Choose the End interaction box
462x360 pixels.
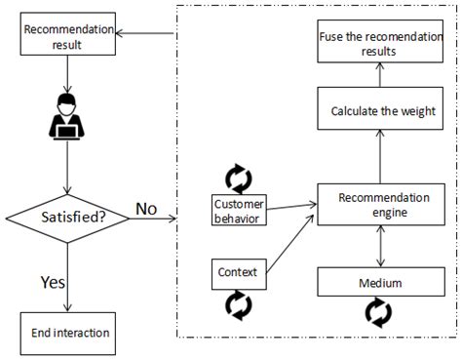pos(65,332)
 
